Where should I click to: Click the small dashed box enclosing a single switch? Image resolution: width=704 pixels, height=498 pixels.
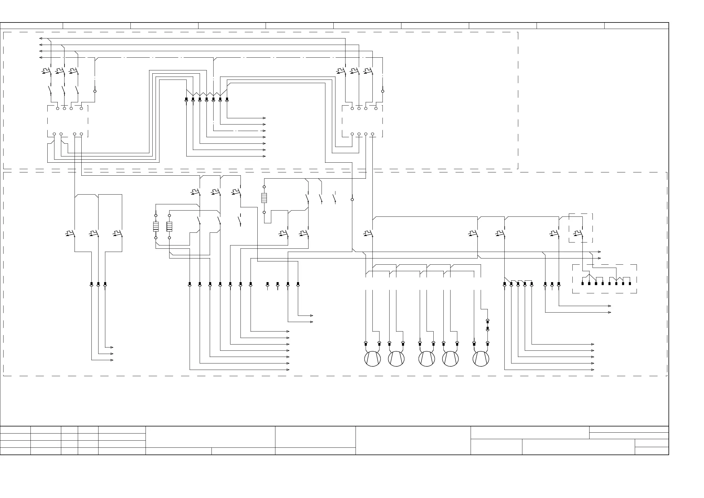tap(581, 228)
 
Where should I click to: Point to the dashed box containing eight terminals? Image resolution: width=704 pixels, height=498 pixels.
tap(604, 279)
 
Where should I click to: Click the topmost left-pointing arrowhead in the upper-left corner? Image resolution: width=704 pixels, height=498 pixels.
tap(41, 38)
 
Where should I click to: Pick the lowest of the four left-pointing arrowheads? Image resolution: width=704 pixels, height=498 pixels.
tap(41, 57)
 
